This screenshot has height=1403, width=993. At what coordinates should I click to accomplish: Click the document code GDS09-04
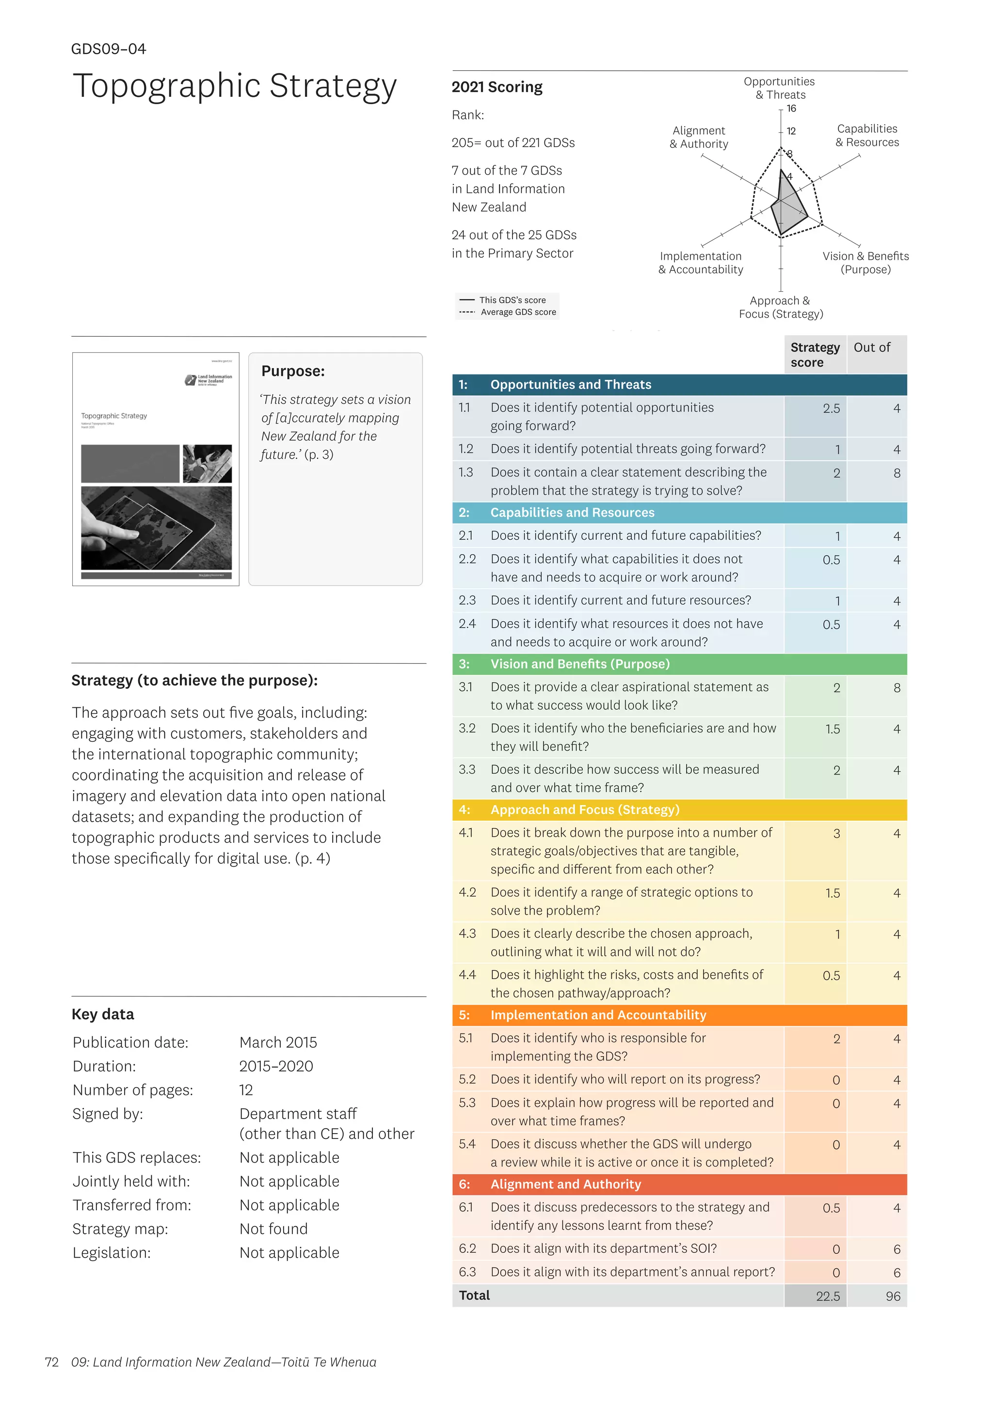click(x=108, y=49)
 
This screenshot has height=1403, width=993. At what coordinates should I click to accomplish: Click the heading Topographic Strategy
click(x=234, y=86)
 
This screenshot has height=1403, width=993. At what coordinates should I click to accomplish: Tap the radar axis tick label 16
click(x=791, y=108)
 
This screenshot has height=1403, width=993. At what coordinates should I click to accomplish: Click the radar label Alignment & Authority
click(x=698, y=137)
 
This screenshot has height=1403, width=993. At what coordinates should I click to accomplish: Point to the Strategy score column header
click(x=815, y=355)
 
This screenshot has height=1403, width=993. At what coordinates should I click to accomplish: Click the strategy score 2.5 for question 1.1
click(x=831, y=408)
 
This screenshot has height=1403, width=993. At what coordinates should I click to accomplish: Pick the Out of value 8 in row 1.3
click(x=897, y=473)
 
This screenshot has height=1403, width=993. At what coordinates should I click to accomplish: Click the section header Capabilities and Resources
click(x=572, y=512)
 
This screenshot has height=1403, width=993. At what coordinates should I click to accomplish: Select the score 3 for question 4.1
click(x=836, y=833)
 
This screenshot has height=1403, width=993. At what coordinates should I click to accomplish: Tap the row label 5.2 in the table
click(x=467, y=1079)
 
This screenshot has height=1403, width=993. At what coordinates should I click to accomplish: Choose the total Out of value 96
click(x=893, y=1296)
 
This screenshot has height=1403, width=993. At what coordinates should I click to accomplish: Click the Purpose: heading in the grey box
click(x=293, y=371)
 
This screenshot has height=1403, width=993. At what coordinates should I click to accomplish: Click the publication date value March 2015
click(x=278, y=1043)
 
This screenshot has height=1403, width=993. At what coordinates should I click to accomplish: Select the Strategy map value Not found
click(x=273, y=1229)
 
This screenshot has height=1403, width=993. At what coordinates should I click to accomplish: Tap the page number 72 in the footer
click(x=52, y=1362)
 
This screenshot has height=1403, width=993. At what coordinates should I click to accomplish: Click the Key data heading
click(x=103, y=1014)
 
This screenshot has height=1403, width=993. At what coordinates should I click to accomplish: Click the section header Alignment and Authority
click(x=566, y=1184)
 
